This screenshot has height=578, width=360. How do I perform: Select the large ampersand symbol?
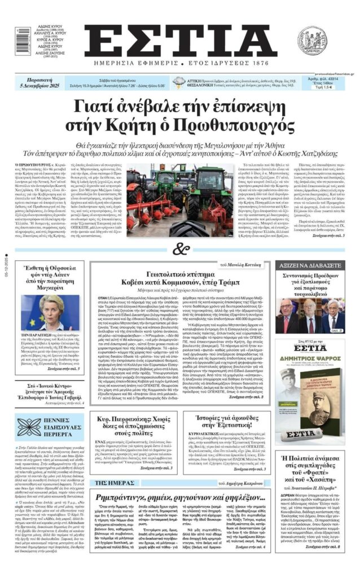[x=179, y=248]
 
